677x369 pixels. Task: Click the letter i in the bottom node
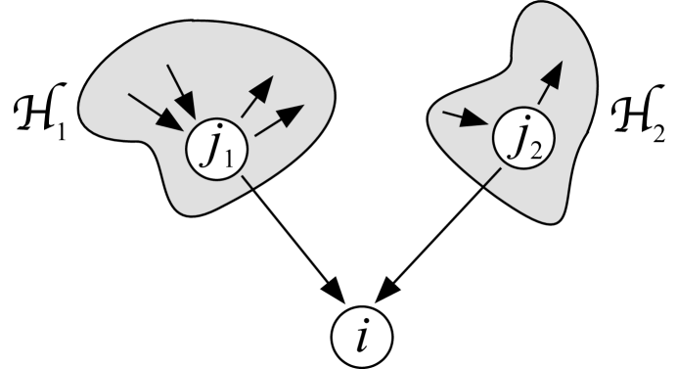pyautogui.click(x=363, y=339)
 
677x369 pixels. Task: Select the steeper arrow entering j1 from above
pyautogui.click(x=182, y=87)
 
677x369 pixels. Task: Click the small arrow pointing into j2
pyautogui.click(x=465, y=119)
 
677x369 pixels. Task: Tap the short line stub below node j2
pyautogui.click(x=495, y=176)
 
